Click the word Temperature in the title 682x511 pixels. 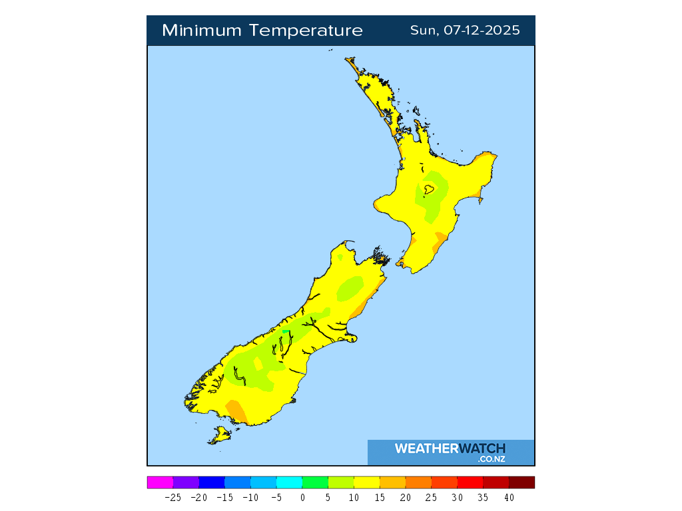pos(307,31)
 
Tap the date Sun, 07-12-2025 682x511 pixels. pos(465,31)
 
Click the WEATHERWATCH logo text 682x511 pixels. pos(450,448)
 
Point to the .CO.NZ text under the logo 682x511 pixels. pos(491,459)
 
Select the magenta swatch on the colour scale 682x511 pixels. pos(160,482)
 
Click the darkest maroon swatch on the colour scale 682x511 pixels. pos(521,482)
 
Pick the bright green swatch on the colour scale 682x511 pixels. pos(315,482)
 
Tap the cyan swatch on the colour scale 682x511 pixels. pos(289,482)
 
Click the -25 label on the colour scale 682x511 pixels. pos(172,497)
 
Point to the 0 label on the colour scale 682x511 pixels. pos(302,497)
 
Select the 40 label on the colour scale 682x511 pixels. pos(509,497)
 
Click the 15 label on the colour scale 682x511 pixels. pos(380,497)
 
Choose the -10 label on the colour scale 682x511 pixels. pos(250,497)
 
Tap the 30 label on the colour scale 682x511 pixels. pos(457,497)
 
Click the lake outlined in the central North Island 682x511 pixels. pos(429,190)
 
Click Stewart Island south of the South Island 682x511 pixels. pos(220,436)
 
